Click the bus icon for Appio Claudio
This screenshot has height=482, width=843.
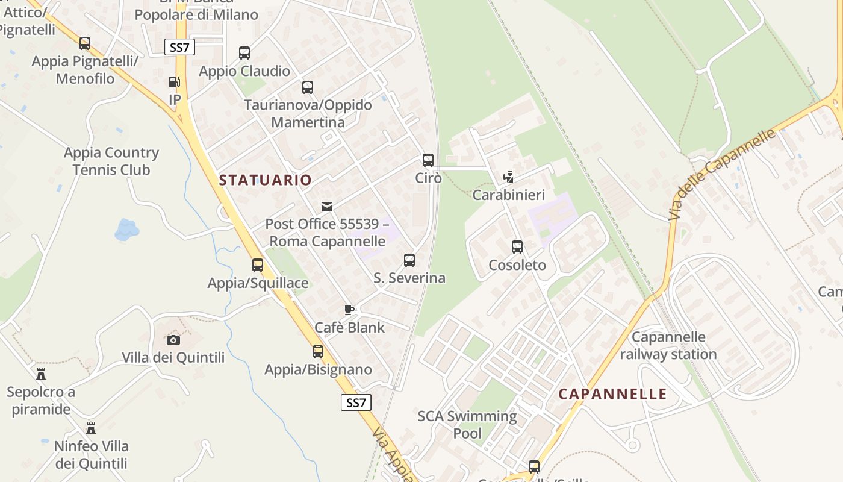(244, 53)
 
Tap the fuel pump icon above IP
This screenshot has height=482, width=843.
(174, 82)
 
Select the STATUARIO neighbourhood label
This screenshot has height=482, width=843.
(266, 180)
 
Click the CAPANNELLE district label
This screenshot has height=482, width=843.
(612, 394)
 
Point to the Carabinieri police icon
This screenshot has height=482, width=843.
(509, 177)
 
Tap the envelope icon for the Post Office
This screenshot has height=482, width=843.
(327, 207)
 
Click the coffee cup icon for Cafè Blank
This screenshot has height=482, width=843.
(349, 310)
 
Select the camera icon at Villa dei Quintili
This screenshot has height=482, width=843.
(173, 340)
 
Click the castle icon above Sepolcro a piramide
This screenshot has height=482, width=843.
(41, 374)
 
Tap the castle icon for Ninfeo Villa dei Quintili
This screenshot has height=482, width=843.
(91, 428)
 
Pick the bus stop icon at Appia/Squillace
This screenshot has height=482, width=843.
(258, 264)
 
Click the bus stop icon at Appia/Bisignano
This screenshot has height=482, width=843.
(318, 352)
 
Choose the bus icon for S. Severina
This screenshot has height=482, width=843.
(409, 260)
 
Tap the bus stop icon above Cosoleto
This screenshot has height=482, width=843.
(517, 247)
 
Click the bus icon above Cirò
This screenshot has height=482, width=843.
(428, 160)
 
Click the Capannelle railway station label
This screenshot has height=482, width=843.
(668, 345)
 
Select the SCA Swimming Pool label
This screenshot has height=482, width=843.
(467, 424)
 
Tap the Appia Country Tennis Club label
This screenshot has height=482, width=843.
(111, 161)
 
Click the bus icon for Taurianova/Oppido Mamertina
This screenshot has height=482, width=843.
(308, 87)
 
